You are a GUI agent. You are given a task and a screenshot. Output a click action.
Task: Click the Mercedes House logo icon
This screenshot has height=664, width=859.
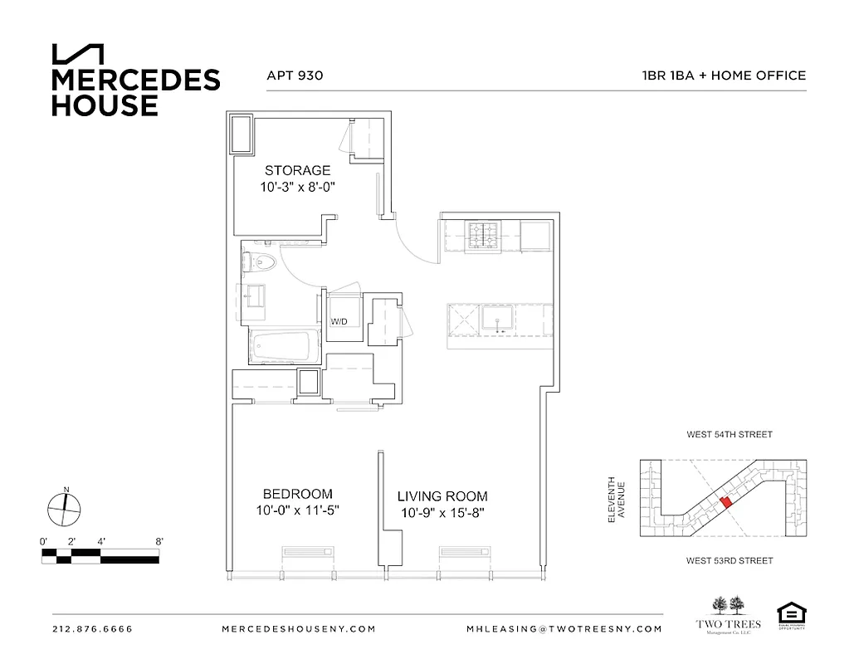(x=79, y=53)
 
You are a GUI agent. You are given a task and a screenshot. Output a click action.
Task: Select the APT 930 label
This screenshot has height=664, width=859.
(x=295, y=76)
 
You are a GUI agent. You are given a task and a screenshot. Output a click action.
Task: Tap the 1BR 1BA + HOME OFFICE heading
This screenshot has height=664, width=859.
(x=724, y=76)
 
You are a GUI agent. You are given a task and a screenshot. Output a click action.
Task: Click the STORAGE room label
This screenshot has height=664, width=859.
(x=297, y=171)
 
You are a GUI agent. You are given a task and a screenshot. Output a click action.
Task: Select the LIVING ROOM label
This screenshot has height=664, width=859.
(x=442, y=496)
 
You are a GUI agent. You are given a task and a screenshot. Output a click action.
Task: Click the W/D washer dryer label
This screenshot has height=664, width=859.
(x=339, y=321)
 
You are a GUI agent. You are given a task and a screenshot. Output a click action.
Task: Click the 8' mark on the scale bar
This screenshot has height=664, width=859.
(x=159, y=541)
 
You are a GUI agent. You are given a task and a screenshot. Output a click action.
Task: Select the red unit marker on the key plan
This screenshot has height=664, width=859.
(x=726, y=501)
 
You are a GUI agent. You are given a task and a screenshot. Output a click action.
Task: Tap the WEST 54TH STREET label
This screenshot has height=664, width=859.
(x=730, y=434)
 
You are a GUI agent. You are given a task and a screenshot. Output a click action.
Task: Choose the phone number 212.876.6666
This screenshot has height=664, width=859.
(x=92, y=629)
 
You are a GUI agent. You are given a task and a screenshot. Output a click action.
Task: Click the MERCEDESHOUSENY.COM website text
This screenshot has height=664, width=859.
(x=299, y=629)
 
